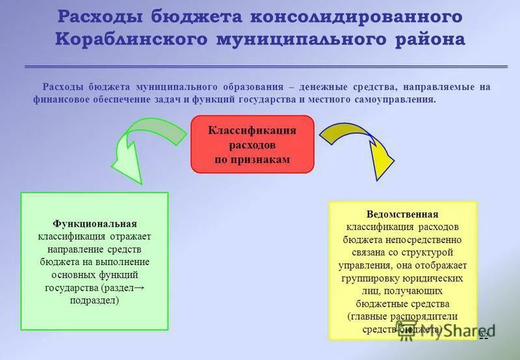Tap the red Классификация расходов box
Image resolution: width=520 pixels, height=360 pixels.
point(252,144)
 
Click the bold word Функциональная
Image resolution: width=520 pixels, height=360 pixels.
point(95,224)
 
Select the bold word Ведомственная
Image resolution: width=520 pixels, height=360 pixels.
point(402,214)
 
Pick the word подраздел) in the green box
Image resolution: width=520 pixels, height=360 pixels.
point(95,300)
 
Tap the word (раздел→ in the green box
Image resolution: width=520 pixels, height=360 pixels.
point(127,288)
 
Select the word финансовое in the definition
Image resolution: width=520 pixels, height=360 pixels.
point(60,100)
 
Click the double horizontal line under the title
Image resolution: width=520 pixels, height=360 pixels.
point(266,66)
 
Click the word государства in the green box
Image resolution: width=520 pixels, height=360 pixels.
point(71,288)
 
